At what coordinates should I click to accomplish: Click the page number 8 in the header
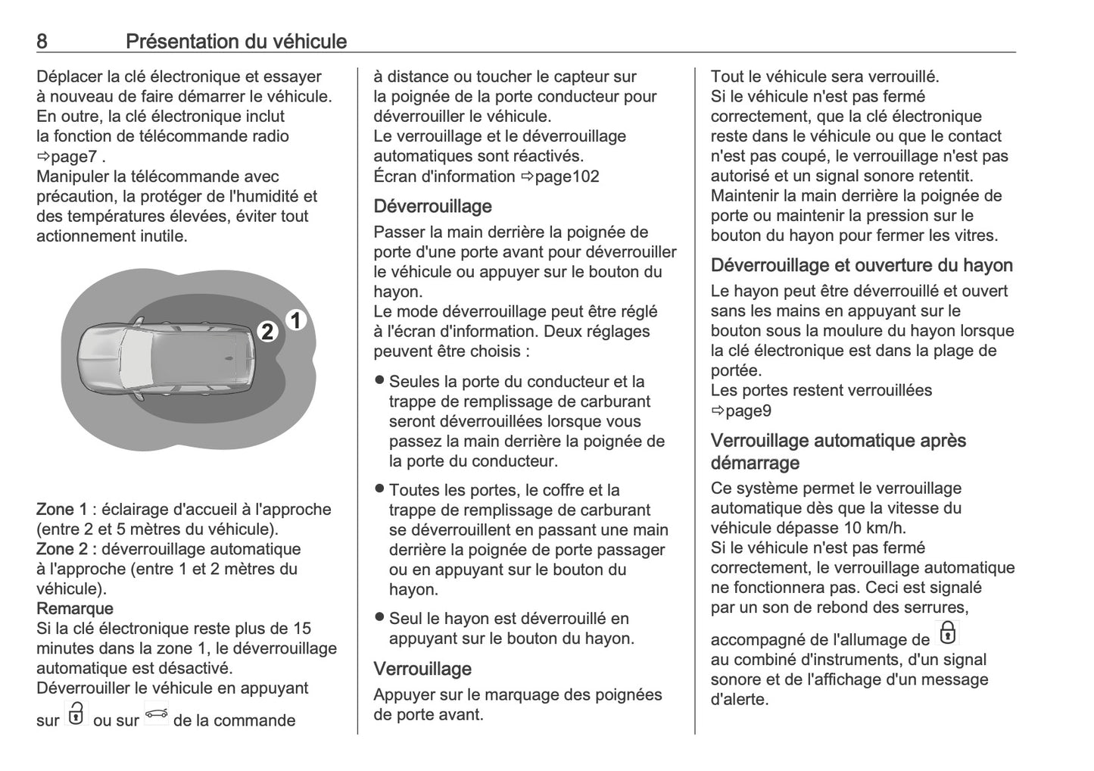pyautogui.click(x=42, y=41)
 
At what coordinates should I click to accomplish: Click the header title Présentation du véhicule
pyautogui.click(x=235, y=41)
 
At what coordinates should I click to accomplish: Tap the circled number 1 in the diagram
pyautogui.click(x=296, y=321)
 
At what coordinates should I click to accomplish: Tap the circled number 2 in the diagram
pyautogui.click(x=267, y=332)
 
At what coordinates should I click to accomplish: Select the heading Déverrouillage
pyautogui.click(x=432, y=206)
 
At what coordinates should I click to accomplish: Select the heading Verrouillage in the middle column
pyautogui.click(x=422, y=669)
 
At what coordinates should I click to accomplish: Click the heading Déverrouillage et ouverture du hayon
pyautogui.click(x=862, y=265)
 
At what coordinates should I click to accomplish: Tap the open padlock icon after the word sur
pyautogui.click(x=76, y=714)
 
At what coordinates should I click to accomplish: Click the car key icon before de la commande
pyautogui.click(x=156, y=714)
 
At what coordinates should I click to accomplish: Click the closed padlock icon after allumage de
pyautogui.click(x=947, y=633)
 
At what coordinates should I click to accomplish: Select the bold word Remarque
pyautogui.click(x=75, y=608)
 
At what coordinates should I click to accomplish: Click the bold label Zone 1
pyautogui.click(x=61, y=509)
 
